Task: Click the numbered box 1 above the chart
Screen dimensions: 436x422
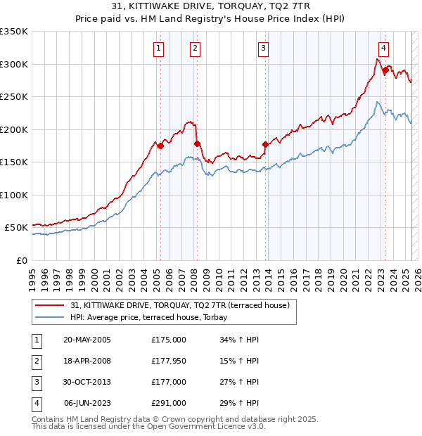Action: (x=160, y=49)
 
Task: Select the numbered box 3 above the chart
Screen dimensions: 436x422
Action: (x=262, y=49)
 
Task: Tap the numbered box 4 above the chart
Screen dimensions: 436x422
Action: (x=383, y=49)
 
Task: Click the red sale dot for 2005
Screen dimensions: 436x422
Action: (x=160, y=146)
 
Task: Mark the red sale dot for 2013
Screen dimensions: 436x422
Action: (x=266, y=144)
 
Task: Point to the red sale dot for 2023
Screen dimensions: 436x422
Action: (x=385, y=70)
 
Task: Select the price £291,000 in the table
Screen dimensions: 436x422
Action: (x=169, y=403)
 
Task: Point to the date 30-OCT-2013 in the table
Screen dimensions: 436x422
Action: (x=87, y=382)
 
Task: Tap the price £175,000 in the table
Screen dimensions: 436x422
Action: (x=169, y=340)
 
